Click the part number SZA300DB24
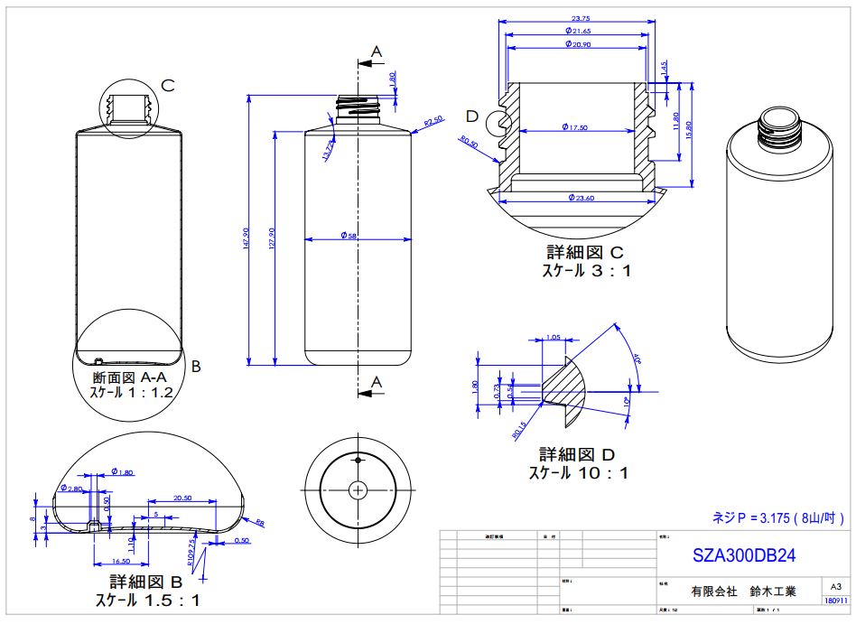click(743, 553)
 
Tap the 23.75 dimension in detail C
click(581, 17)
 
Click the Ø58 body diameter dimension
click(349, 236)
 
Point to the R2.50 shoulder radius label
click(433, 121)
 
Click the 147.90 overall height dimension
click(247, 239)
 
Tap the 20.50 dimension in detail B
click(181, 498)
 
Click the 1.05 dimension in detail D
click(554, 338)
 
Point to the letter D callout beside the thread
click(471, 116)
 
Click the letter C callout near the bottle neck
click(167, 85)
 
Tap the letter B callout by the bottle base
click(196, 367)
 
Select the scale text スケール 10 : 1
click(578, 472)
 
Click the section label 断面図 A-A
click(130, 376)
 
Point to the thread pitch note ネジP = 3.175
click(778, 517)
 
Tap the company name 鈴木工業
click(772, 592)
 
